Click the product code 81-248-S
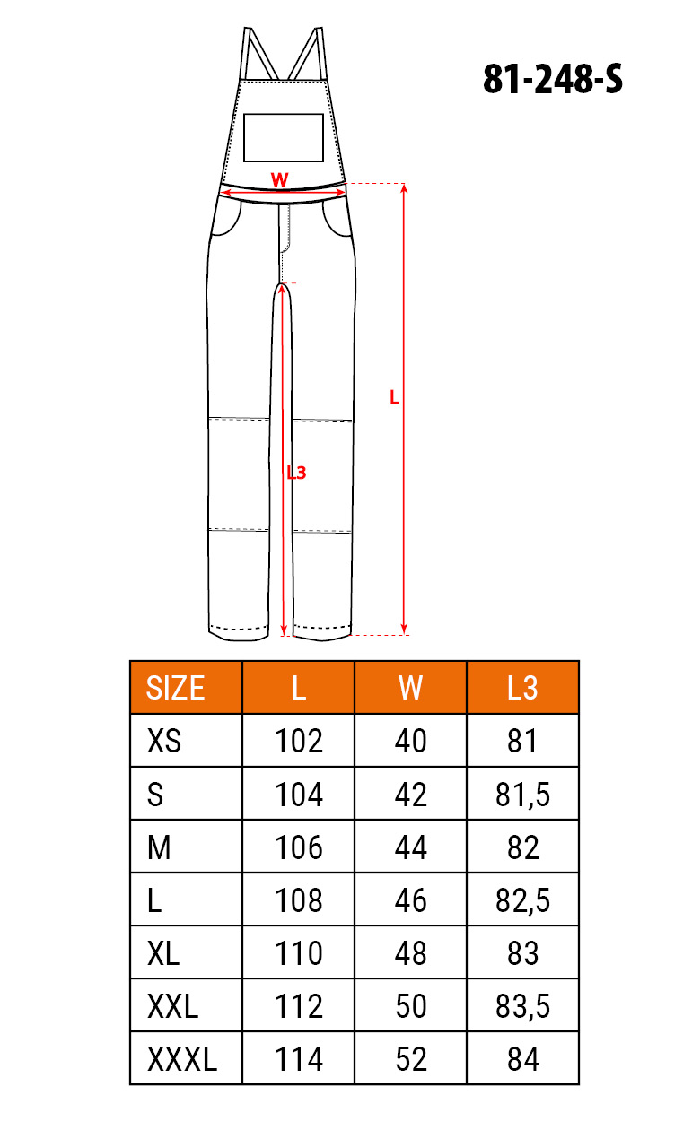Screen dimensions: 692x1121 point(552,79)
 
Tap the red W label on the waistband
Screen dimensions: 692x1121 point(279,179)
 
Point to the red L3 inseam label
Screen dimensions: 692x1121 point(296,472)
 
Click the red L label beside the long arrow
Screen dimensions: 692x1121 point(394,397)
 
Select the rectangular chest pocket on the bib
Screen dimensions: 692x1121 point(284,137)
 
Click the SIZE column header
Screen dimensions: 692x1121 point(175,688)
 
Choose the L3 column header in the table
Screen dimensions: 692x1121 point(522,688)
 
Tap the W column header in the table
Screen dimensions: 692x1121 point(410,688)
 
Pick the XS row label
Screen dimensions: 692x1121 point(163,741)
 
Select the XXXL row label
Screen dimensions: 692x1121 point(182,1059)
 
